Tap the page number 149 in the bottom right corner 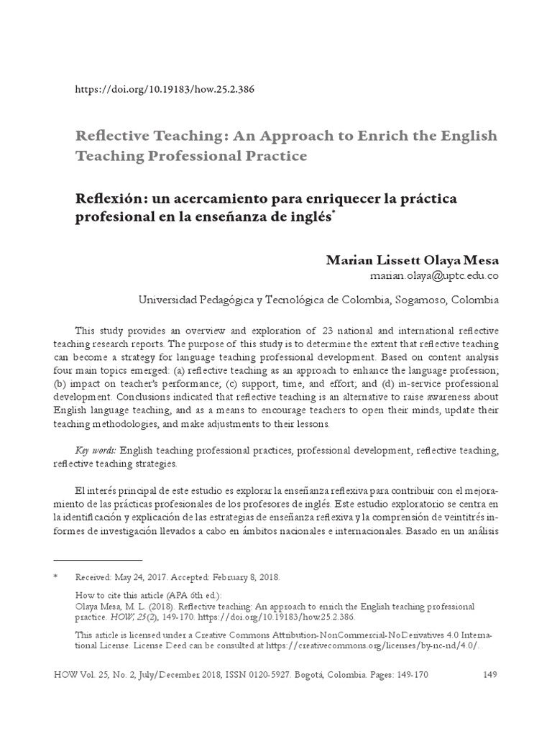tap(489, 674)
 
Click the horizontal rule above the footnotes tap(98, 559)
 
